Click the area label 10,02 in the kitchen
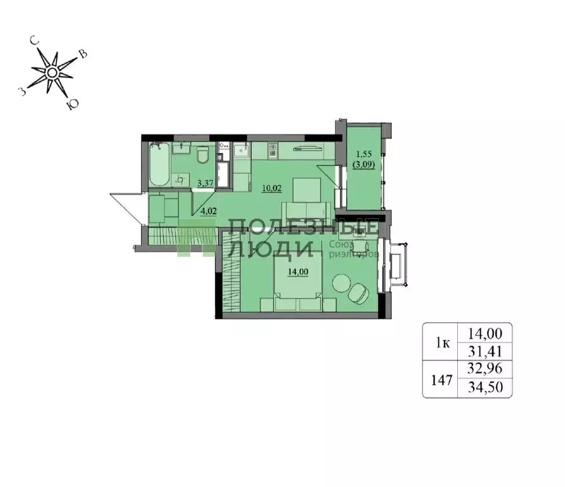click(x=272, y=188)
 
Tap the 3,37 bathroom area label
click(x=205, y=183)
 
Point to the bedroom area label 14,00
click(x=298, y=271)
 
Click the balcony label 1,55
click(x=363, y=154)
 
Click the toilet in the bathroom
click(x=203, y=155)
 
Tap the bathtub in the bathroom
click(x=159, y=165)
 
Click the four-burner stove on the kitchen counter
click(x=273, y=150)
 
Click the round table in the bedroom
click(x=342, y=283)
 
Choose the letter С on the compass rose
click(x=35, y=41)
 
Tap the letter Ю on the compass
click(x=72, y=105)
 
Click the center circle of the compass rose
click(x=52, y=73)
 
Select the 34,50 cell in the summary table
click(x=484, y=387)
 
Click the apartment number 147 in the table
click(x=441, y=380)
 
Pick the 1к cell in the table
click(x=443, y=343)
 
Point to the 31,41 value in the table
click(x=484, y=351)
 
